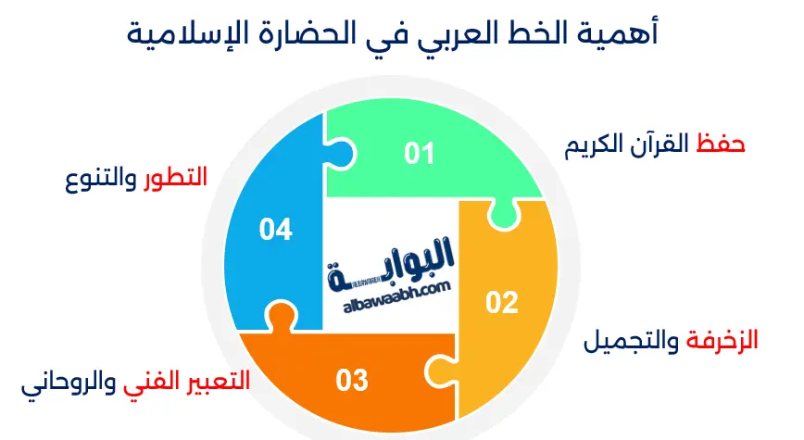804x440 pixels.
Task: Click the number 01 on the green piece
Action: click(419, 153)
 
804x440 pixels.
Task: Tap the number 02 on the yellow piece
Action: click(501, 302)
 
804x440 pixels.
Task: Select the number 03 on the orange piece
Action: click(352, 379)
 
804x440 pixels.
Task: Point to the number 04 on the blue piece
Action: click(276, 229)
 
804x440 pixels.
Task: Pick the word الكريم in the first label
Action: click(598, 145)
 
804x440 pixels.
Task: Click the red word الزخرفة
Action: click(722, 341)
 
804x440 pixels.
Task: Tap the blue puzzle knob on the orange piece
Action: click(277, 318)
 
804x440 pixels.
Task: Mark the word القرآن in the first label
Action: click(660, 145)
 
